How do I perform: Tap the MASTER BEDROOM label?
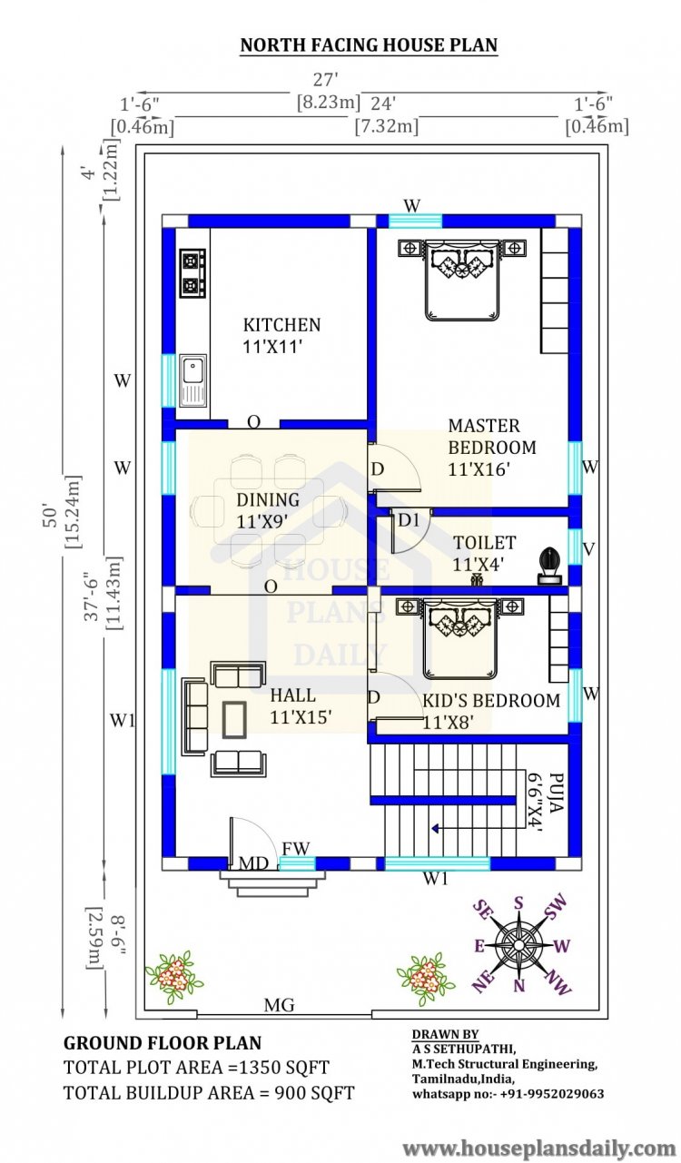pos(491,437)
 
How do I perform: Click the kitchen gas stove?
pos(192,273)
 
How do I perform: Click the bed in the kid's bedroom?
pos(463,636)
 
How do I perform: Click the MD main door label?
pos(252,863)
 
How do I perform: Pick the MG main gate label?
pos(279,1006)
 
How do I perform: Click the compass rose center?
pos(518,945)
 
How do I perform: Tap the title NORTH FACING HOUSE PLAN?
pos(369,44)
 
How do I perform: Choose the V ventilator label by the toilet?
pos(589,549)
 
